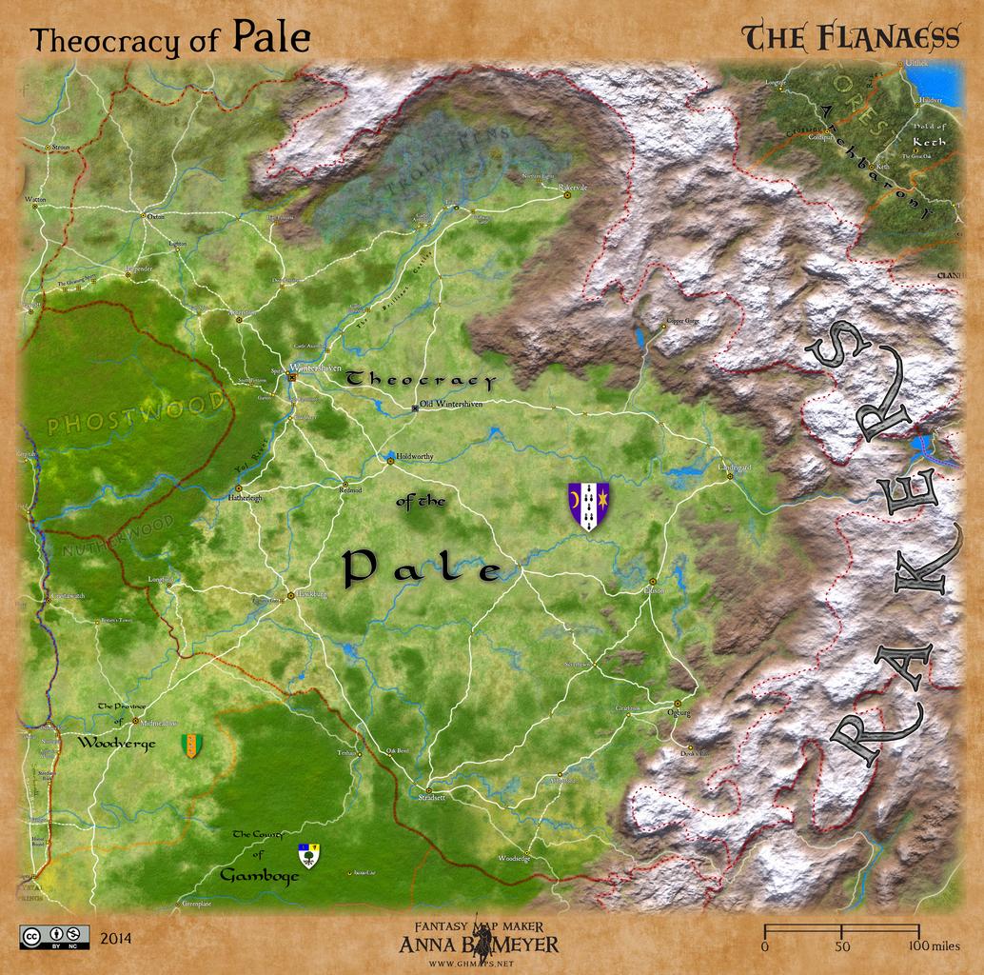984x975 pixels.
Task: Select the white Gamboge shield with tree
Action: click(308, 855)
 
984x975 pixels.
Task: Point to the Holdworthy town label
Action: click(415, 457)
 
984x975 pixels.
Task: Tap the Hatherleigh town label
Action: click(245, 498)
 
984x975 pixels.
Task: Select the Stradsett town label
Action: click(431, 798)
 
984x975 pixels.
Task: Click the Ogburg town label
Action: click(679, 712)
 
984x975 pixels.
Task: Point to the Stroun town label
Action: click(61, 148)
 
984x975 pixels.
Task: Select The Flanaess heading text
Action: click(851, 37)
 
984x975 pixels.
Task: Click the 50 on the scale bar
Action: click(842, 946)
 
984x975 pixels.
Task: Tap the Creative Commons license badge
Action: click(54, 937)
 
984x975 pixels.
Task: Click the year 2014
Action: click(115, 939)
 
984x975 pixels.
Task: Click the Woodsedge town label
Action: click(514, 858)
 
